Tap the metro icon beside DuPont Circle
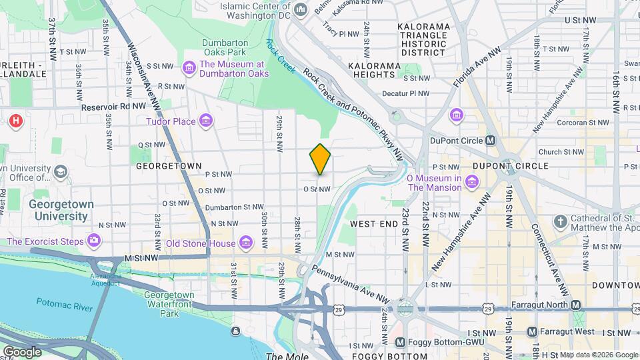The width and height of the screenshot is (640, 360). (491, 141)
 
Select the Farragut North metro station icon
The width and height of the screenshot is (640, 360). (576, 305)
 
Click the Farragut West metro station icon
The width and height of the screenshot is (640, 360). (532, 331)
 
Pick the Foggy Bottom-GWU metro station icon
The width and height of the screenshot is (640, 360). (400, 342)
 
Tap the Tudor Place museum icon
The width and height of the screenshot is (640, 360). (206, 121)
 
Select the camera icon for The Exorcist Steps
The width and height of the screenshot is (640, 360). (94, 241)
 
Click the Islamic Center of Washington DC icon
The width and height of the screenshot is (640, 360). (301, 10)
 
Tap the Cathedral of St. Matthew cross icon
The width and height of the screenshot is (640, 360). (560, 221)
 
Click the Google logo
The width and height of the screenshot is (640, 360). (22, 351)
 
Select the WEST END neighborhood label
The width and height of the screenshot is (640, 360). (373, 224)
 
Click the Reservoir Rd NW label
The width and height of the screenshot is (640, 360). (113, 106)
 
